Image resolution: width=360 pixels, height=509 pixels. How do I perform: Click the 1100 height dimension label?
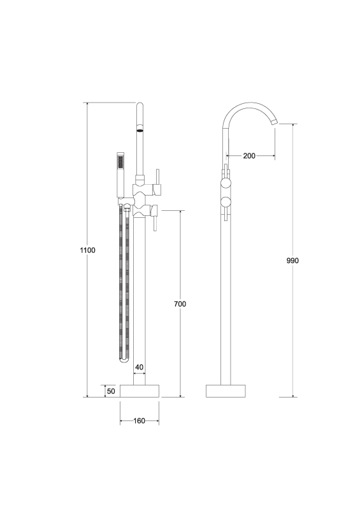(88, 250)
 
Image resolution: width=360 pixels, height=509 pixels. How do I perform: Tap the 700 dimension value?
(180, 304)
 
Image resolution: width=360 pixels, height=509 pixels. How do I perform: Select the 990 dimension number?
(292, 261)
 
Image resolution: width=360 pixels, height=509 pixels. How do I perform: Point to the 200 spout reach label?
(249, 156)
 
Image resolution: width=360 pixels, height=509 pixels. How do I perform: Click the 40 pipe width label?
(139, 367)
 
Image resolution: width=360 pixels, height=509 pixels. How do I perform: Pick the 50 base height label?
(111, 391)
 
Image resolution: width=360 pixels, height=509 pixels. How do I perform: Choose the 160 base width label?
(140, 421)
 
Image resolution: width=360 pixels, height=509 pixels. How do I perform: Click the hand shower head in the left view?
(121, 161)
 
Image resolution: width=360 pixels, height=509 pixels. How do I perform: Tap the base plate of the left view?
(140, 391)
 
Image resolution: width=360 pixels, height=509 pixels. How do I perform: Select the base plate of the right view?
(226, 391)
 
